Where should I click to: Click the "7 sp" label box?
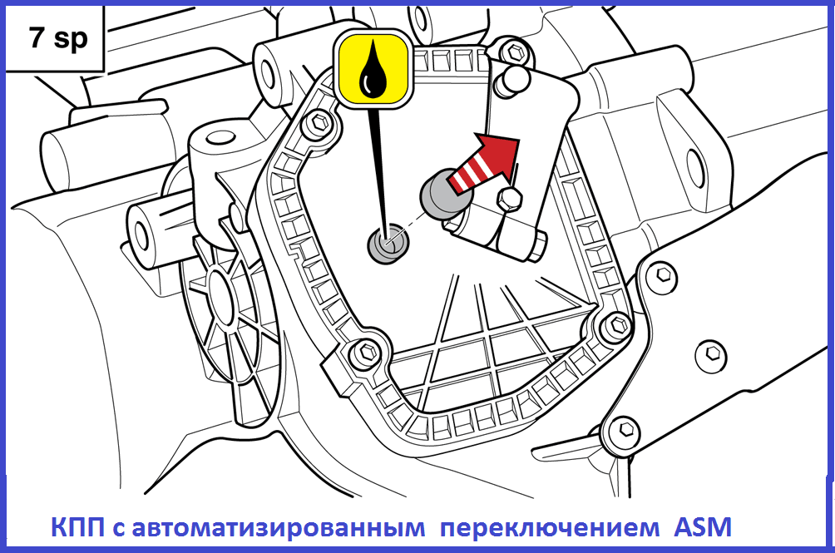click(54, 38)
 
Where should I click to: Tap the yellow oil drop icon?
click(373, 69)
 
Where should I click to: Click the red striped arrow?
click(483, 163)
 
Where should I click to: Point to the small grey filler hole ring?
click(388, 243)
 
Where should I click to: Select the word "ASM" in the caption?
click(703, 527)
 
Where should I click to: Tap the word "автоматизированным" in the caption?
click(279, 528)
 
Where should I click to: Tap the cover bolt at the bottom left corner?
click(366, 351)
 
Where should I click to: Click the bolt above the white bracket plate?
click(515, 52)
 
